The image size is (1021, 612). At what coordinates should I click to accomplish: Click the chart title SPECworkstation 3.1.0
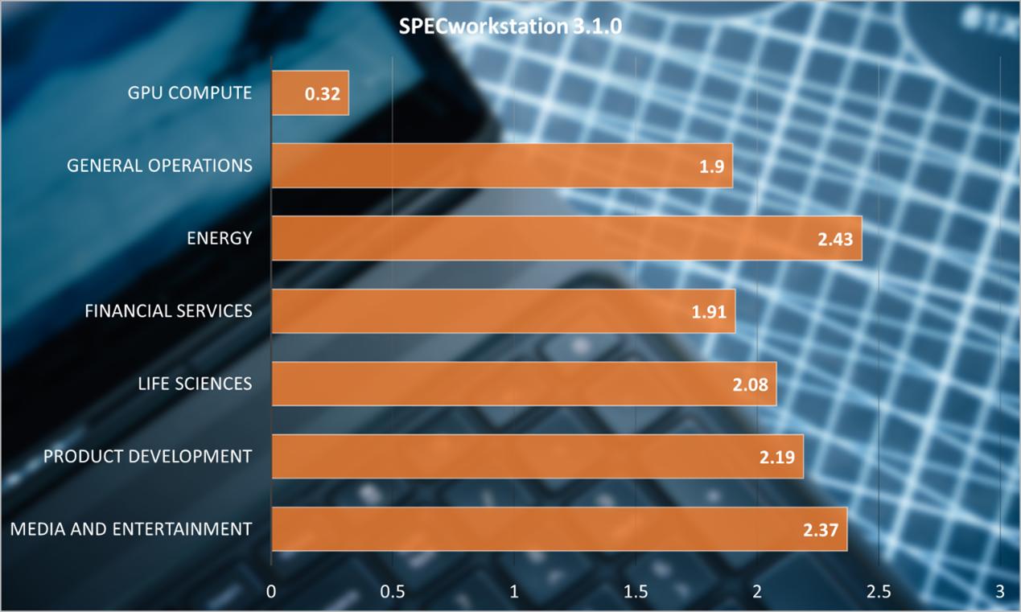(x=510, y=27)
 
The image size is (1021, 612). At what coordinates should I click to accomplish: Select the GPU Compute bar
(x=310, y=92)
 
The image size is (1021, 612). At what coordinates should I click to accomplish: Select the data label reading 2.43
(x=834, y=239)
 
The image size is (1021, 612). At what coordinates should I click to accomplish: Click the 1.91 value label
(x=708, y=312)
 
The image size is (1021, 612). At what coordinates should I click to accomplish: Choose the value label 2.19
(x=776, y=458)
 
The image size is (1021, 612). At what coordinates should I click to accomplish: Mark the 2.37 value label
(x=820, y=530)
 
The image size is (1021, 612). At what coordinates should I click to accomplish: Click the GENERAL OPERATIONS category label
(x=159, y=166)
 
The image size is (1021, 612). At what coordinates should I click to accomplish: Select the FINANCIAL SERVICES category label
(x=168, y=310)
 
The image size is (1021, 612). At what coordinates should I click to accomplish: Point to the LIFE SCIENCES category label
(x=195, y=384)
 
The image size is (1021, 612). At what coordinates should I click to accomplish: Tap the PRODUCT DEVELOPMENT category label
(x=147, y=457)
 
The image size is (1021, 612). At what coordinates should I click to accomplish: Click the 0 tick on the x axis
(x=272, y=592)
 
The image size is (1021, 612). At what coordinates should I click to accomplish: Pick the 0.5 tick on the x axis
(x=393, y=592)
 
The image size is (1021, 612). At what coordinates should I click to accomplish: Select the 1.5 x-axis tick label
(x=636, y=592)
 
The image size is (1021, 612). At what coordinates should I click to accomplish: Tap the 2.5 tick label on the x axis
(x=879, y=592)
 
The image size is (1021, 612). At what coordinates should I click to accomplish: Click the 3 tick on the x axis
(x=1000, y=592)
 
